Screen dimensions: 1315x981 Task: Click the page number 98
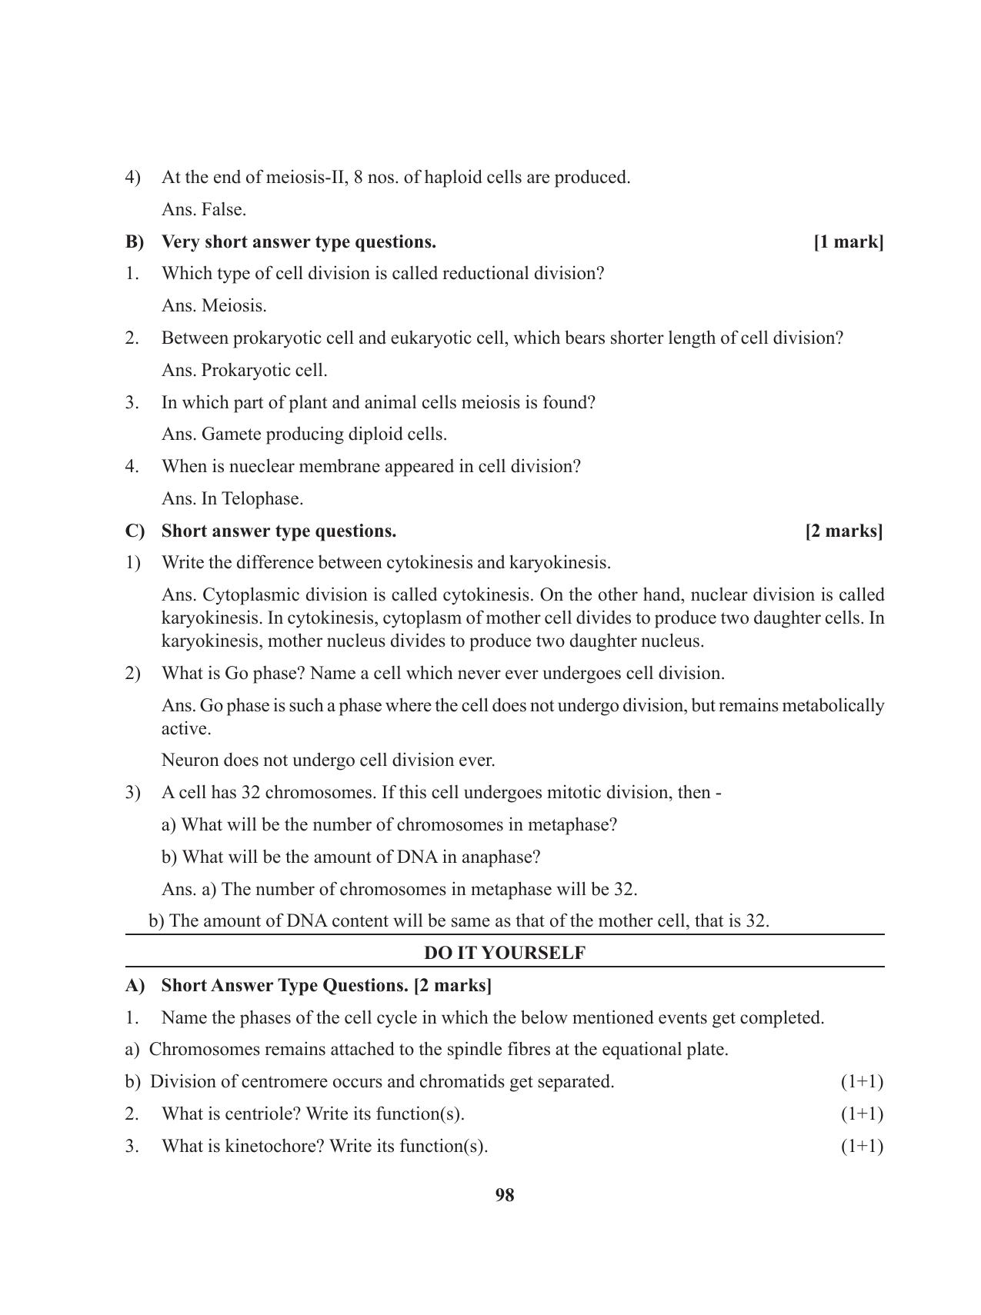tap(505, 1195)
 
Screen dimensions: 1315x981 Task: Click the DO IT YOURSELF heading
tap(505, 953)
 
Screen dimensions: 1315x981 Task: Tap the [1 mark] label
tap(848, 242)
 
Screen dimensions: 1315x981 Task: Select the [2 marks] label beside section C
tap(844, 531)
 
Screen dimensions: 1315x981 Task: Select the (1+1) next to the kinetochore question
tap(862, 1147)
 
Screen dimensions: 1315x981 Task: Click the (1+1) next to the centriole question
tap(862, 1114)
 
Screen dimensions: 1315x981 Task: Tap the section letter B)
tap(135, 242)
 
